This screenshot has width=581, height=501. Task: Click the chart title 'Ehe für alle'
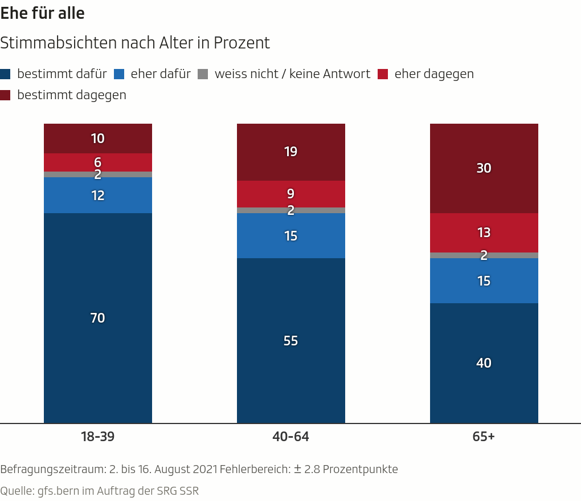[x=43, y=14]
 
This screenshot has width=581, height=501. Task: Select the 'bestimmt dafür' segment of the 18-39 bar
[x=98, y=317]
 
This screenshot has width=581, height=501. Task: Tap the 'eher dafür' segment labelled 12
[x=98, y=195]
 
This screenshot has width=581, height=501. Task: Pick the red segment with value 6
[x=98, y=162]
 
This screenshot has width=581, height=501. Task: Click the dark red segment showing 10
[x=98, y=139]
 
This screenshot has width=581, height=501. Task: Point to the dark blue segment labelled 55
[x=290, y=340]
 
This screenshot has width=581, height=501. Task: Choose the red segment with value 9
[x=290, y=194]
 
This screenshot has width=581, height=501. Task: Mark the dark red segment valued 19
[x=290, y=152]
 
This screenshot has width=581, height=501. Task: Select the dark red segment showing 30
[x=484, y=168]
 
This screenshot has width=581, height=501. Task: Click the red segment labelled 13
[x=484, y=233]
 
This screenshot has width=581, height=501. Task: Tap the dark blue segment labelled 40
[x=484, y=363]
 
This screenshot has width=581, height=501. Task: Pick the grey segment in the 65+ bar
[x=484, y=255]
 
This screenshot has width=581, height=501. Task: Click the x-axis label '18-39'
[x=97, y=437]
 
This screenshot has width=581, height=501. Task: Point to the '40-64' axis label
[x=290, y=437]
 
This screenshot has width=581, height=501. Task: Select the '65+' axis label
[x=484, y=437]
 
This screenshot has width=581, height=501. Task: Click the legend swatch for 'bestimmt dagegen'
[x=5, y=95]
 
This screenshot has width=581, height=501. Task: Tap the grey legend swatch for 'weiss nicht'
[x=202, y=74]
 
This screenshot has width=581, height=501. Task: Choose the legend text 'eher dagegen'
[x=434, y=74]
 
